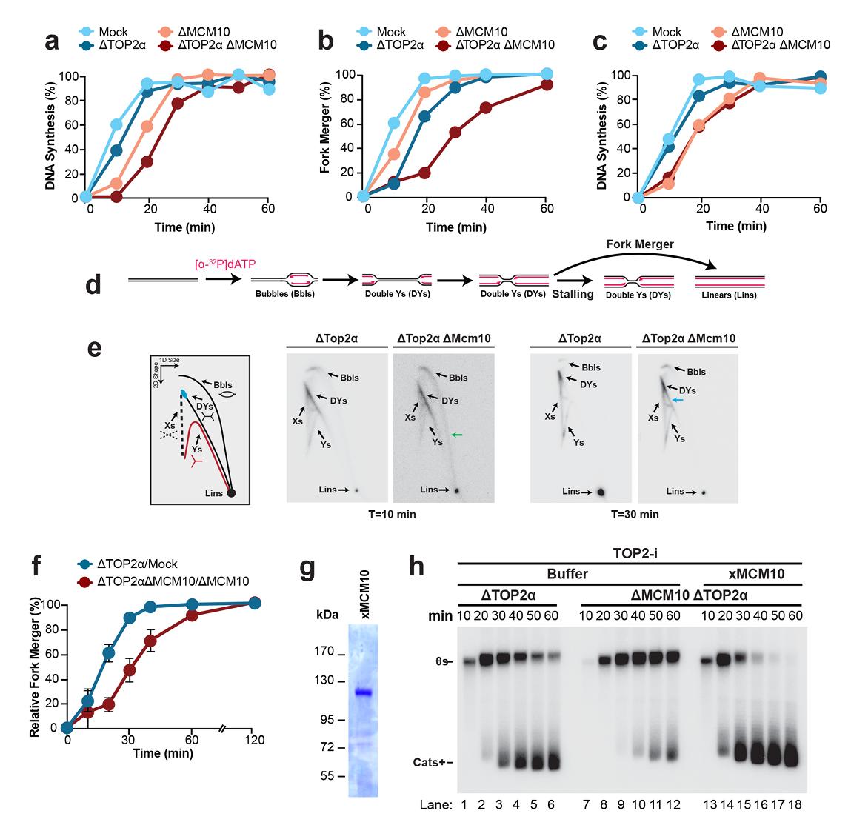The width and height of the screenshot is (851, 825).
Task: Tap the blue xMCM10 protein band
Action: click(362, 693)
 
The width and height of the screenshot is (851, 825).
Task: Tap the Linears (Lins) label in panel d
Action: click(725, 295)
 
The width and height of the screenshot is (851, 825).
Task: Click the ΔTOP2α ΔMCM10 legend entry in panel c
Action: click(780, 45)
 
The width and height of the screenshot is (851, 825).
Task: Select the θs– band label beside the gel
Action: click(442, 661)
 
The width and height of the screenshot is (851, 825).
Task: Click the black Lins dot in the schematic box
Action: click(231, 492)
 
